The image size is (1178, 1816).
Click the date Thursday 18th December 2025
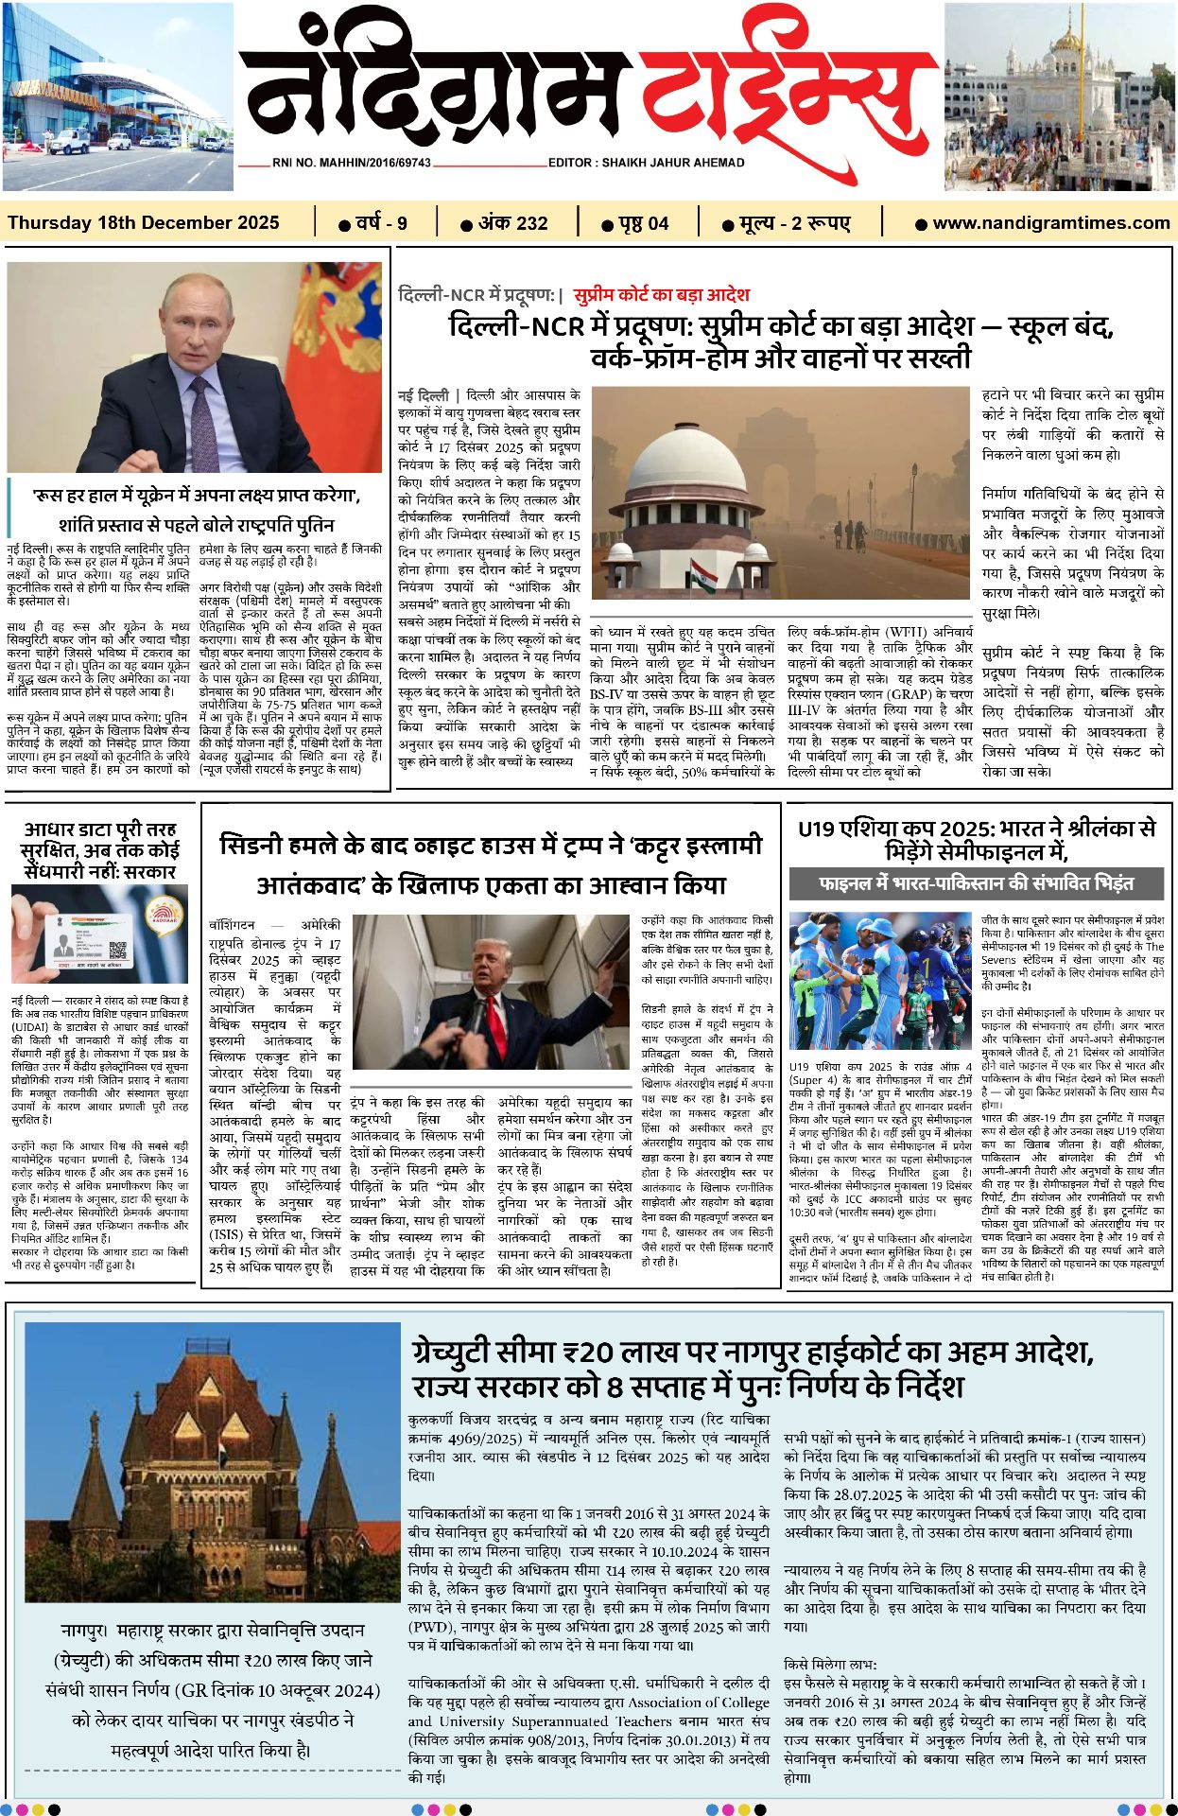pos(144,223)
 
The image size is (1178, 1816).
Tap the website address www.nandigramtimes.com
pos(1050,223)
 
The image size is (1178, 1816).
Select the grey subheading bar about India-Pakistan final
pos(975,883)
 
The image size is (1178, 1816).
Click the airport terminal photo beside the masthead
pos(117,96)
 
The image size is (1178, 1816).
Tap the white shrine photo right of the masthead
pos(1059,96)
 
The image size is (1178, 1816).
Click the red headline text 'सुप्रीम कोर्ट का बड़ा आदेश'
pos(661,294)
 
